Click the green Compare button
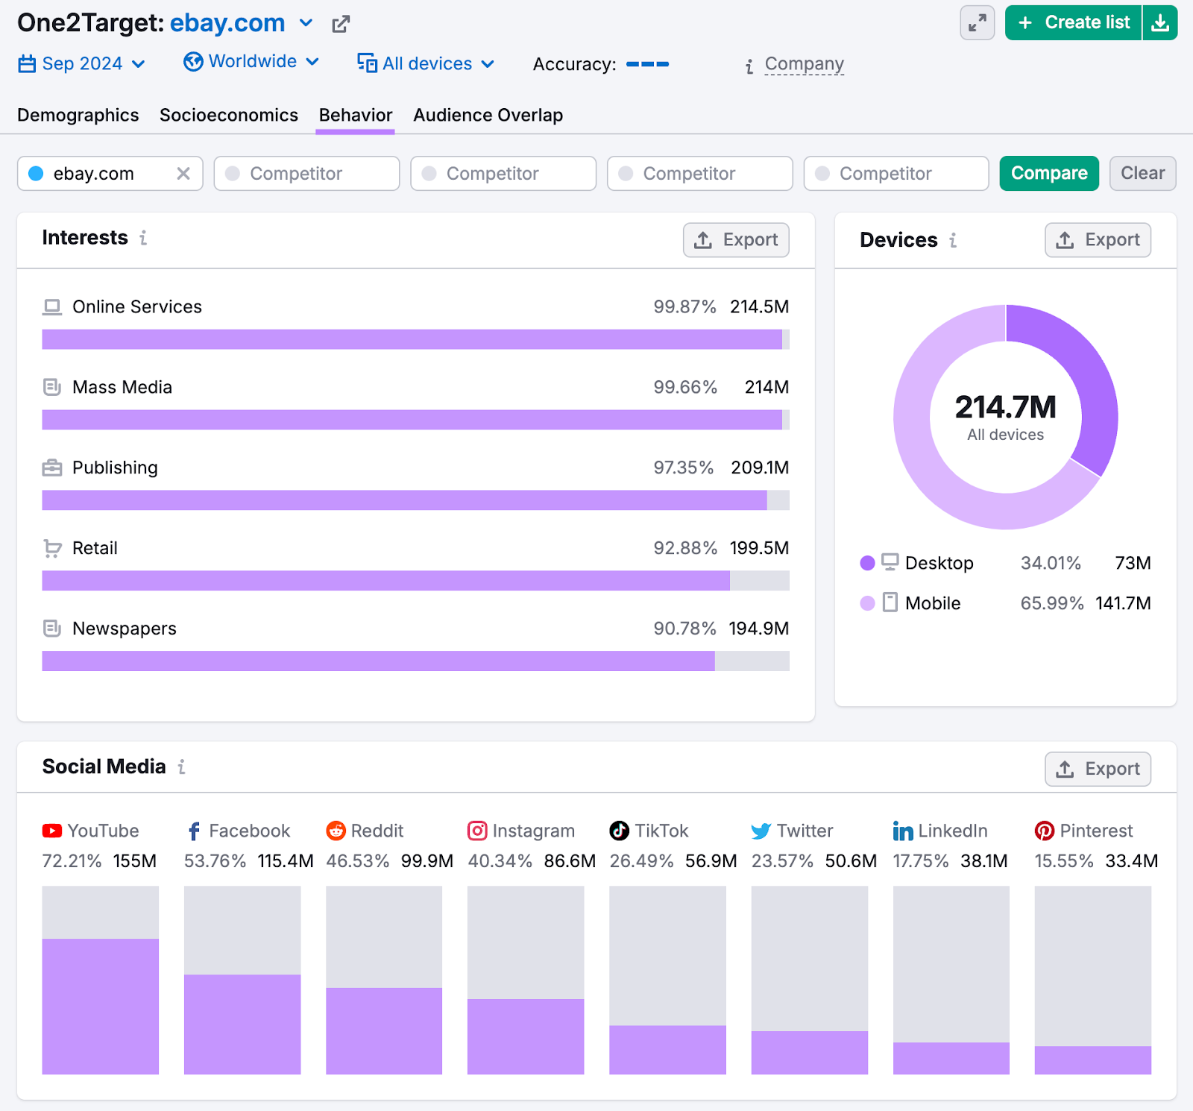[1048, 173]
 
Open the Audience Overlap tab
[488, 115]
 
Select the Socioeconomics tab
[228, 115]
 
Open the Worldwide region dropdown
[252, 61]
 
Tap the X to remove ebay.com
[183, 174]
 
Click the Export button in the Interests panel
[735, 240]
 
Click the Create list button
[1074, 22]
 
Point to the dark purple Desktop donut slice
[1081, 373]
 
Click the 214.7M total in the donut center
[1005, 407]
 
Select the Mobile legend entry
[932, 603]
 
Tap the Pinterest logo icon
[1044, 831]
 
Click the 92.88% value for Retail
[684, 548]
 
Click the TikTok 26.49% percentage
[641, 861]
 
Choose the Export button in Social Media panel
[1097, 769]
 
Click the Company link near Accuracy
[804, 64]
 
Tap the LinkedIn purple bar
[951, 1058]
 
